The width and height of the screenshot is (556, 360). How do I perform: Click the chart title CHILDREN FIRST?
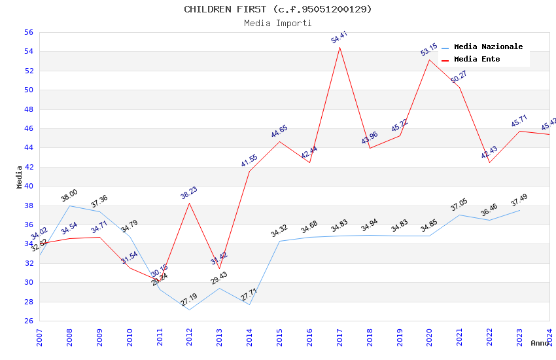(x=277, y=9)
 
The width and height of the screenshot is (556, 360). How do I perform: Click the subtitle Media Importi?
(x=277, y=23)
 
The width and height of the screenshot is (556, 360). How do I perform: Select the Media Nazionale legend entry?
(x=488, y=46)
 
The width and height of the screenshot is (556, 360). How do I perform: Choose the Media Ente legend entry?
(x=477, y=59)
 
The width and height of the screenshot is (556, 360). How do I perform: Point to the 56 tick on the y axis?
(x=28, y=32)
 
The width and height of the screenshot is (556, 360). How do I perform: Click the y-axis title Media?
(x=20, y=177)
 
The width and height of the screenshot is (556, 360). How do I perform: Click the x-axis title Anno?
(x=540, y=343)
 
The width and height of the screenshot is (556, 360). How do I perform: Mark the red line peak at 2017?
(x=339, y=47)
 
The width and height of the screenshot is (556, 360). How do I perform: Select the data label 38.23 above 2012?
(x=189, y=192)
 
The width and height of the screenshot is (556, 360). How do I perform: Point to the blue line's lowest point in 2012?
(x=189, y=310)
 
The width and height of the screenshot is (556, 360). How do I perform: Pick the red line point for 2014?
(x=249, y=171)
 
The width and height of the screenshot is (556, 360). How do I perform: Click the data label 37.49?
(x=519, y=200)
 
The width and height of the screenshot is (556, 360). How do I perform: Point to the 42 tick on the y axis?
(x=28, y=167)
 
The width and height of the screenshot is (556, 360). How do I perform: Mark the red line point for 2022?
(x=489, y=163)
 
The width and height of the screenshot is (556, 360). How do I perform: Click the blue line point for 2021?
(x=459, y=215)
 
